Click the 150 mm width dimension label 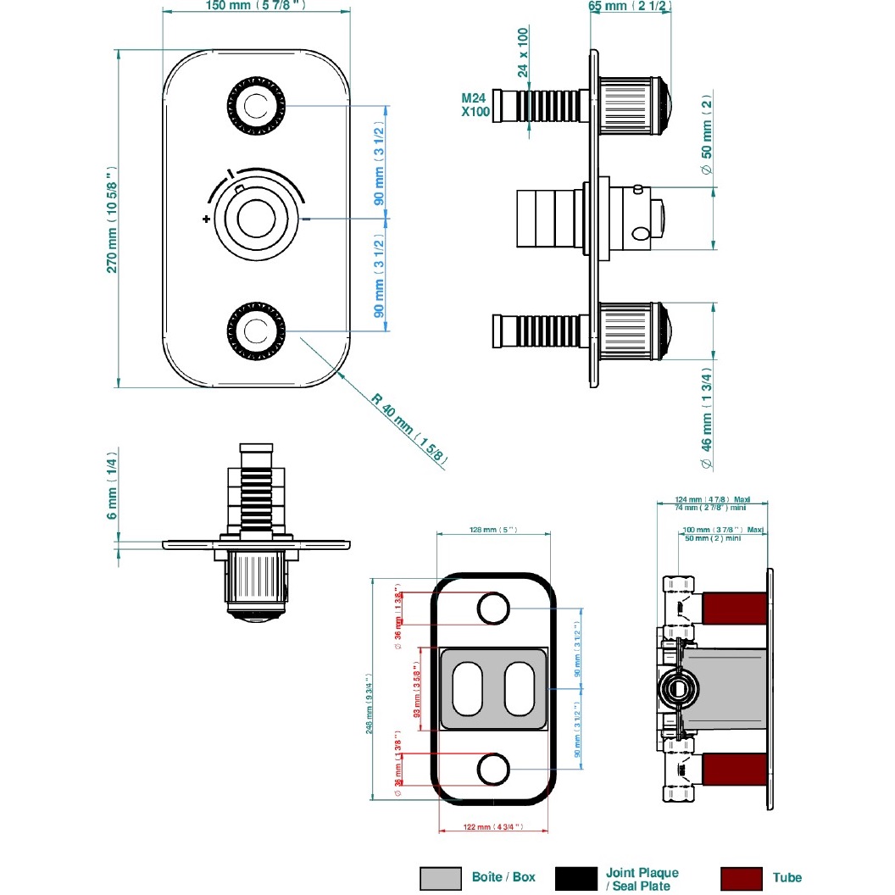click(255, 6)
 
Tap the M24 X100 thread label click(475, 104)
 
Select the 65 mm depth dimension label click(631, 6)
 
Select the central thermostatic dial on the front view click(255, 219)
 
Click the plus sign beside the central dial click(206, 219)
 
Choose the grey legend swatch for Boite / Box click(441, 877)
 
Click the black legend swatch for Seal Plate click(576, 877)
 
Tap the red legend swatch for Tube click(740, 877)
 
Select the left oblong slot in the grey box click(467, 688)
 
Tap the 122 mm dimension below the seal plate click(492, 826)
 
